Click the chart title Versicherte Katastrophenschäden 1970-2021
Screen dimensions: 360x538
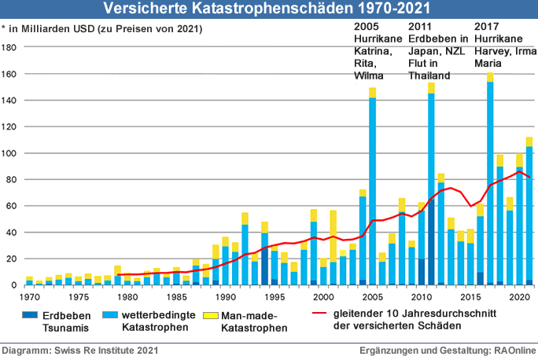[x=268, y=9]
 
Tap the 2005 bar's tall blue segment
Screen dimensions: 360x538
[x=372, y=189]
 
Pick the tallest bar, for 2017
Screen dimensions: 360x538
[x=490, y=181]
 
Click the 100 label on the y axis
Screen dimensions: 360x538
[x=11, y=153]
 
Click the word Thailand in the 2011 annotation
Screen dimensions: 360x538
[x=430, y=75]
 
